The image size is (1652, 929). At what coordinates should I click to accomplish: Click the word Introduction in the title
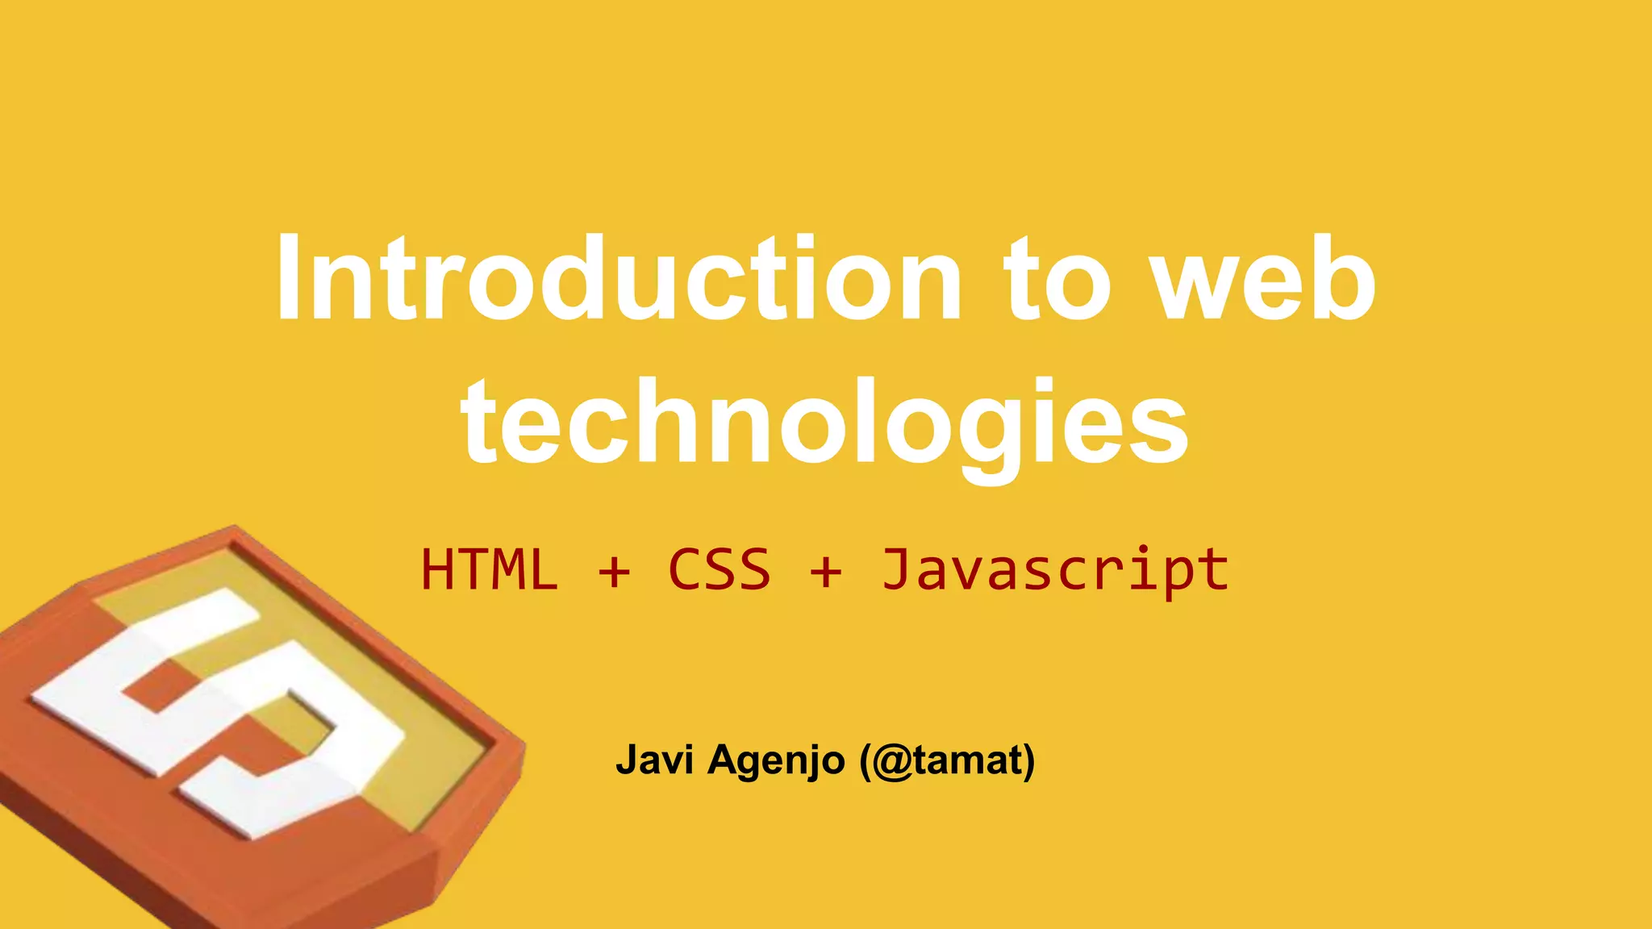(619, 278)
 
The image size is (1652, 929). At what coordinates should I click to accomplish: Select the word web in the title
(1262, 278)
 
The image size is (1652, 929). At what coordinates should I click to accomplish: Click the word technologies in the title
(824, 423)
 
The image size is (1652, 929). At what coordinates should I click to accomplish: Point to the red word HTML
(490, 570)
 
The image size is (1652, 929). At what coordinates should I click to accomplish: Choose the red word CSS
(719, 570)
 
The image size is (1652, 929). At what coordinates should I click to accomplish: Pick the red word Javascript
(1055, 570)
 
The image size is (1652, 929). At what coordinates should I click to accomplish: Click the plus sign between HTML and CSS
(614, 572)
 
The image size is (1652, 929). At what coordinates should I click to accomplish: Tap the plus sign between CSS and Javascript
(826, 572)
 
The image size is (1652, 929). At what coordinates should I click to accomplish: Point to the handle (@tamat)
(947, 760)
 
